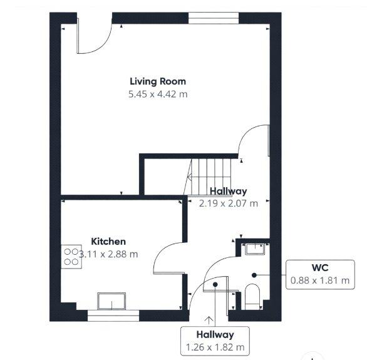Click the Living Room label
click(158, 81)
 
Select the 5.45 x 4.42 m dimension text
click(158, 95)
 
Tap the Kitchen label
click(108, 242)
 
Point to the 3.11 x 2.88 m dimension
click(108, 254)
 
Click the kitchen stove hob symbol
click(71, 257)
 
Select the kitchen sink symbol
click(111, 301)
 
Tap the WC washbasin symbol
click(255, 249)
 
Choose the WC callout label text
click(320, 267)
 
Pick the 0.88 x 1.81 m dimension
click(320, 280)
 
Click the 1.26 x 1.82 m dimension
click(215, 347)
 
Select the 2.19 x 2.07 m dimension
click(229, 203)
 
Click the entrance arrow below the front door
click(209, 320)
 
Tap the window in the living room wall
click(214, 18)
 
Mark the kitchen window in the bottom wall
click(113, 316)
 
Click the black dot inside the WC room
click(254, 275)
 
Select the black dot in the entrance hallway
click(215, 284)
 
